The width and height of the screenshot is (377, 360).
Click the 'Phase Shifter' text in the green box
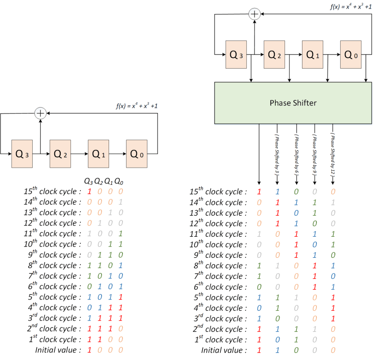[x=293, y=103]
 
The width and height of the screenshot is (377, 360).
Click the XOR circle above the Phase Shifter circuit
[x=254, y=14]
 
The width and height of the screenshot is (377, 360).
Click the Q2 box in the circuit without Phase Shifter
[x=60, y=154]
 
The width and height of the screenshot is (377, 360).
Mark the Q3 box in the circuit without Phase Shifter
[x=22, y=154]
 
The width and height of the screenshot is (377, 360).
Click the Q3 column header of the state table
[x=89, y=181]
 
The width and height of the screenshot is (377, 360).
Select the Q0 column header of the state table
[x=119, y=181]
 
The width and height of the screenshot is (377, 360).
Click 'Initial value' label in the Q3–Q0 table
[x=58, y=350]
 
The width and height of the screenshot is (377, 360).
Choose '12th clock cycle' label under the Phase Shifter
[x=218, y=223]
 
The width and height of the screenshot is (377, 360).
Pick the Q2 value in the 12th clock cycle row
[x=99, y=223]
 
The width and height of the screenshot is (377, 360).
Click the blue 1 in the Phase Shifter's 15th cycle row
[x=277, y=192]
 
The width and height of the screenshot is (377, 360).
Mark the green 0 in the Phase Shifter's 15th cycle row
[x=296, y=192]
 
